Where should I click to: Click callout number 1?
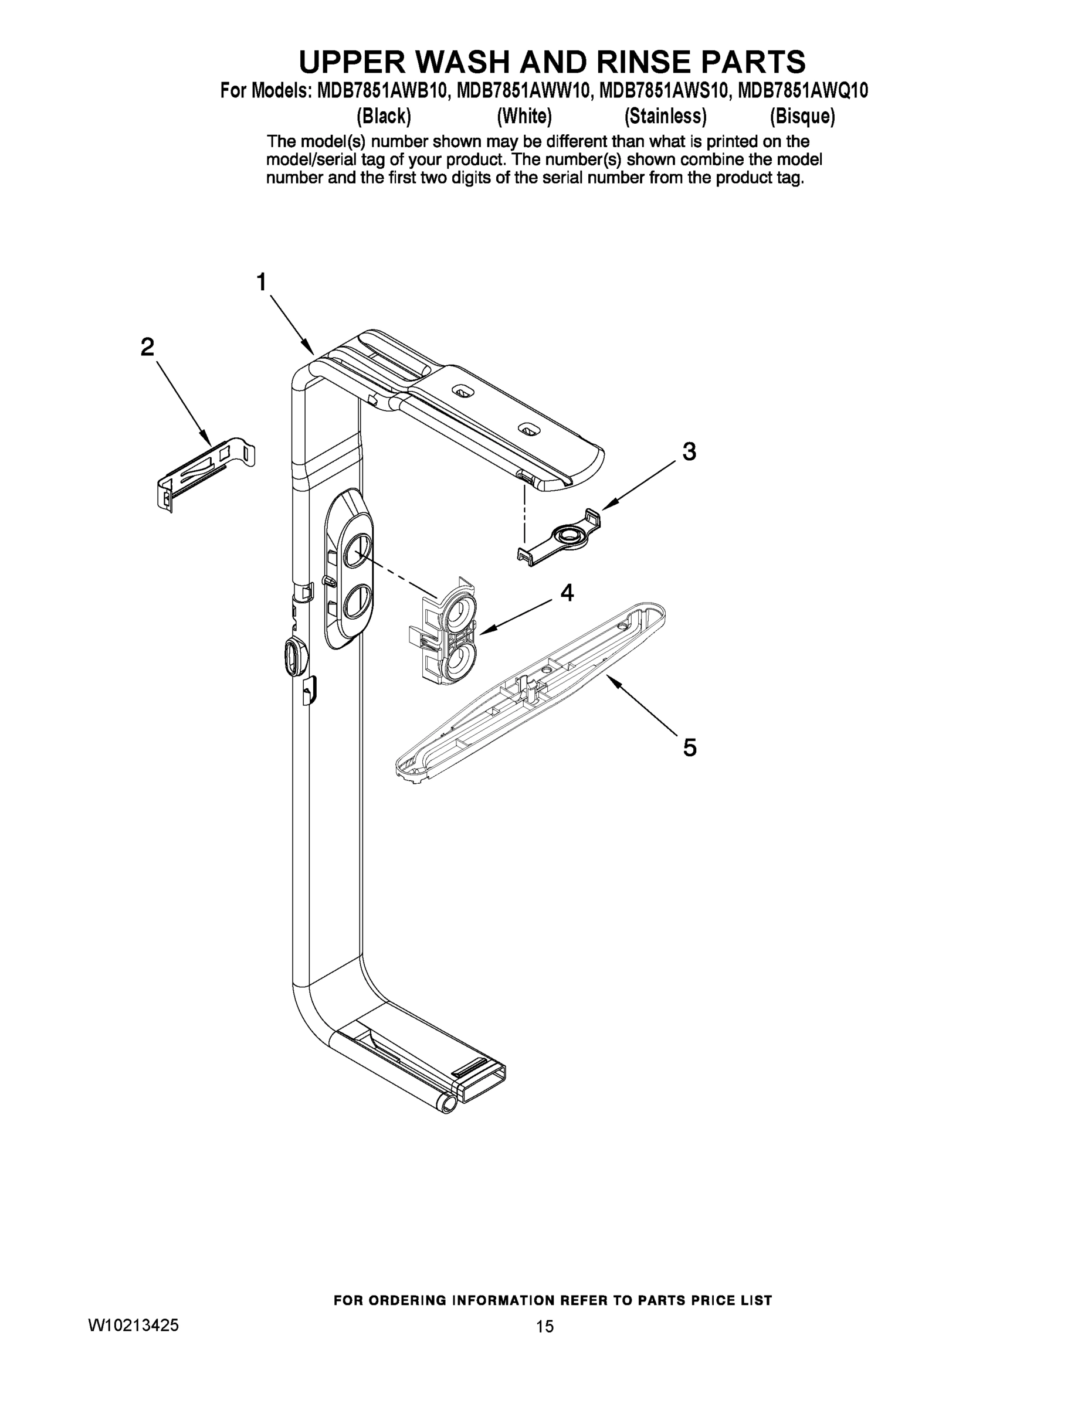coord(261,282)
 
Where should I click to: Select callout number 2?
coord(148,348)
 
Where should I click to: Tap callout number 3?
coord(689,451)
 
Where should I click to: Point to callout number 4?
coord(567,592)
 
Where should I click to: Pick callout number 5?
coord(689,747)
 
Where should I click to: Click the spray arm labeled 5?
coord(528,692)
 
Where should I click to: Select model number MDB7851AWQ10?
coord(802,91)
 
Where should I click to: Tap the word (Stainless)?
coord(665,117)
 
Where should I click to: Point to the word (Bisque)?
coord(802,117)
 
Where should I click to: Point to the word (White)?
coord(524,117)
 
